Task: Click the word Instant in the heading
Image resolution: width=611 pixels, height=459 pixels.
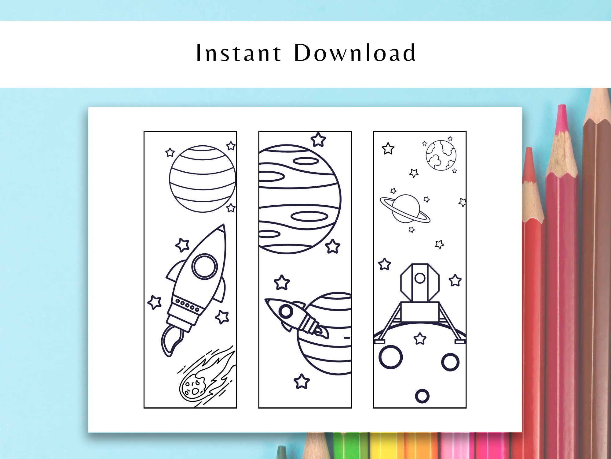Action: [x=238, y=53]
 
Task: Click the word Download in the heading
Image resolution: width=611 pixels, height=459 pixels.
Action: [x=355, y=53]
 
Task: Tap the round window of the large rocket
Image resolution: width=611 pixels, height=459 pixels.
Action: [x=205, y=266]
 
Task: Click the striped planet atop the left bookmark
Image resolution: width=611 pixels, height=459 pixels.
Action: [x=203, y=179]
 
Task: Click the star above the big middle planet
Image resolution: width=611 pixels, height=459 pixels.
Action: [x=318, y=140]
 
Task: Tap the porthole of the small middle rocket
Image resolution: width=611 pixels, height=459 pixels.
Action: [x=286, y=312]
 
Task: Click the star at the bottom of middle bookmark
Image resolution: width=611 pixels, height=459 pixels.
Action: [x=302, y=381]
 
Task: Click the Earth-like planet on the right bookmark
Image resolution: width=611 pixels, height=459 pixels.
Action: [x=441, y=155]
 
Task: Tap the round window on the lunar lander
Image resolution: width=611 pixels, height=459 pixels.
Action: [x=420, y=278]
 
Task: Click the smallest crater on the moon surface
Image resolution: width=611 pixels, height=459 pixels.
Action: [x=422, y=396]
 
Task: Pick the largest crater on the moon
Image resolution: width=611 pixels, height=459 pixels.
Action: [x=390, y=357]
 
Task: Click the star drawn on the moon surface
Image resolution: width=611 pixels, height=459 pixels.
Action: [x=420, y=339]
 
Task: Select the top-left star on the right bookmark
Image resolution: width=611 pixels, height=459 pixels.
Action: [x=388, y=149]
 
